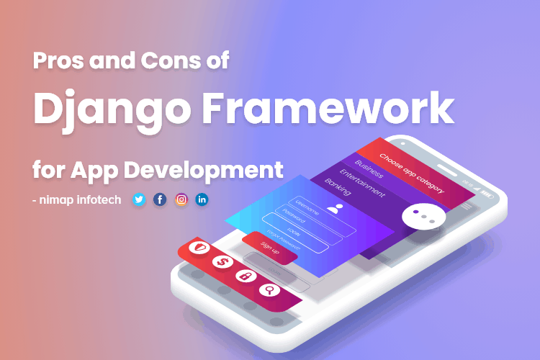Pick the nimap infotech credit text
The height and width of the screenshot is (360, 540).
[x=77, y=199]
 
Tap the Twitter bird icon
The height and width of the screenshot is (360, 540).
[x=139, y=199]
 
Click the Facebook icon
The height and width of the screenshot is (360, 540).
[x=160, y=199]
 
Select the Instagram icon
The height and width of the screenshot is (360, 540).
[x=181, y=199]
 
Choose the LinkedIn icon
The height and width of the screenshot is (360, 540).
[x=202, y=199]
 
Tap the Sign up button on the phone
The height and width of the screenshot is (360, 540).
[x=269, y=248]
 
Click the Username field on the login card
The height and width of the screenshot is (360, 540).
[x=310, y=212]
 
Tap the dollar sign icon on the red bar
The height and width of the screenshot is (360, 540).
[x=220, y=263]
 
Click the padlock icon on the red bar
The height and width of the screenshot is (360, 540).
[x=244, y=276]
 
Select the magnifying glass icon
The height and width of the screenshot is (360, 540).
[x=269, y=290]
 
